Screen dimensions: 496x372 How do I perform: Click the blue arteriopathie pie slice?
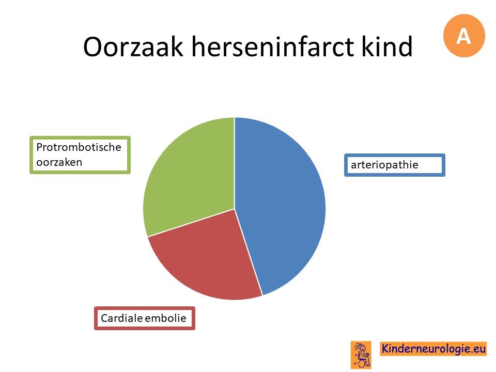[x=282, y=203]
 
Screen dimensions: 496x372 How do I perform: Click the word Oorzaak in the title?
[x=133, y=47]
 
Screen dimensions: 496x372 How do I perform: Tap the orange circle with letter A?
[x=464, y=36]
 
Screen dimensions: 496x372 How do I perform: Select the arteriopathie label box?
[x=394, y=165]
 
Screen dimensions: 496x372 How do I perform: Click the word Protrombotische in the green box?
[x=79, y=147]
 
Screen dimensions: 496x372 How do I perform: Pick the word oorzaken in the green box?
[x=59, y=162]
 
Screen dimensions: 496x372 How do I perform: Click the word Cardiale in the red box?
[x=121, y=318]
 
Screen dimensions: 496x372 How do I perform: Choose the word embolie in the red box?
[x=165, y=318]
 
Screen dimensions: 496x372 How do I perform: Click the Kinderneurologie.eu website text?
[x=433, y=348]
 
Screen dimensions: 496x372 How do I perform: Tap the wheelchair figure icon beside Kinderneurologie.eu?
[x=361, y=355]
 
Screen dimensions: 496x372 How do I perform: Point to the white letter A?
[x=464, y=36]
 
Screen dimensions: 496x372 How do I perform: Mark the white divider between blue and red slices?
[x=249, y=252]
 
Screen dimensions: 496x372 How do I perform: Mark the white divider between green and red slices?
[x=191, y=223]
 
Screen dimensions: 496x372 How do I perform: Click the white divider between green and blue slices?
[x=235, y=163]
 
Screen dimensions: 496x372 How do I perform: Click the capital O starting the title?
[x=93, y=47]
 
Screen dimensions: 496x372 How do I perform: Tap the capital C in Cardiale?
[x=105, y=318]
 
